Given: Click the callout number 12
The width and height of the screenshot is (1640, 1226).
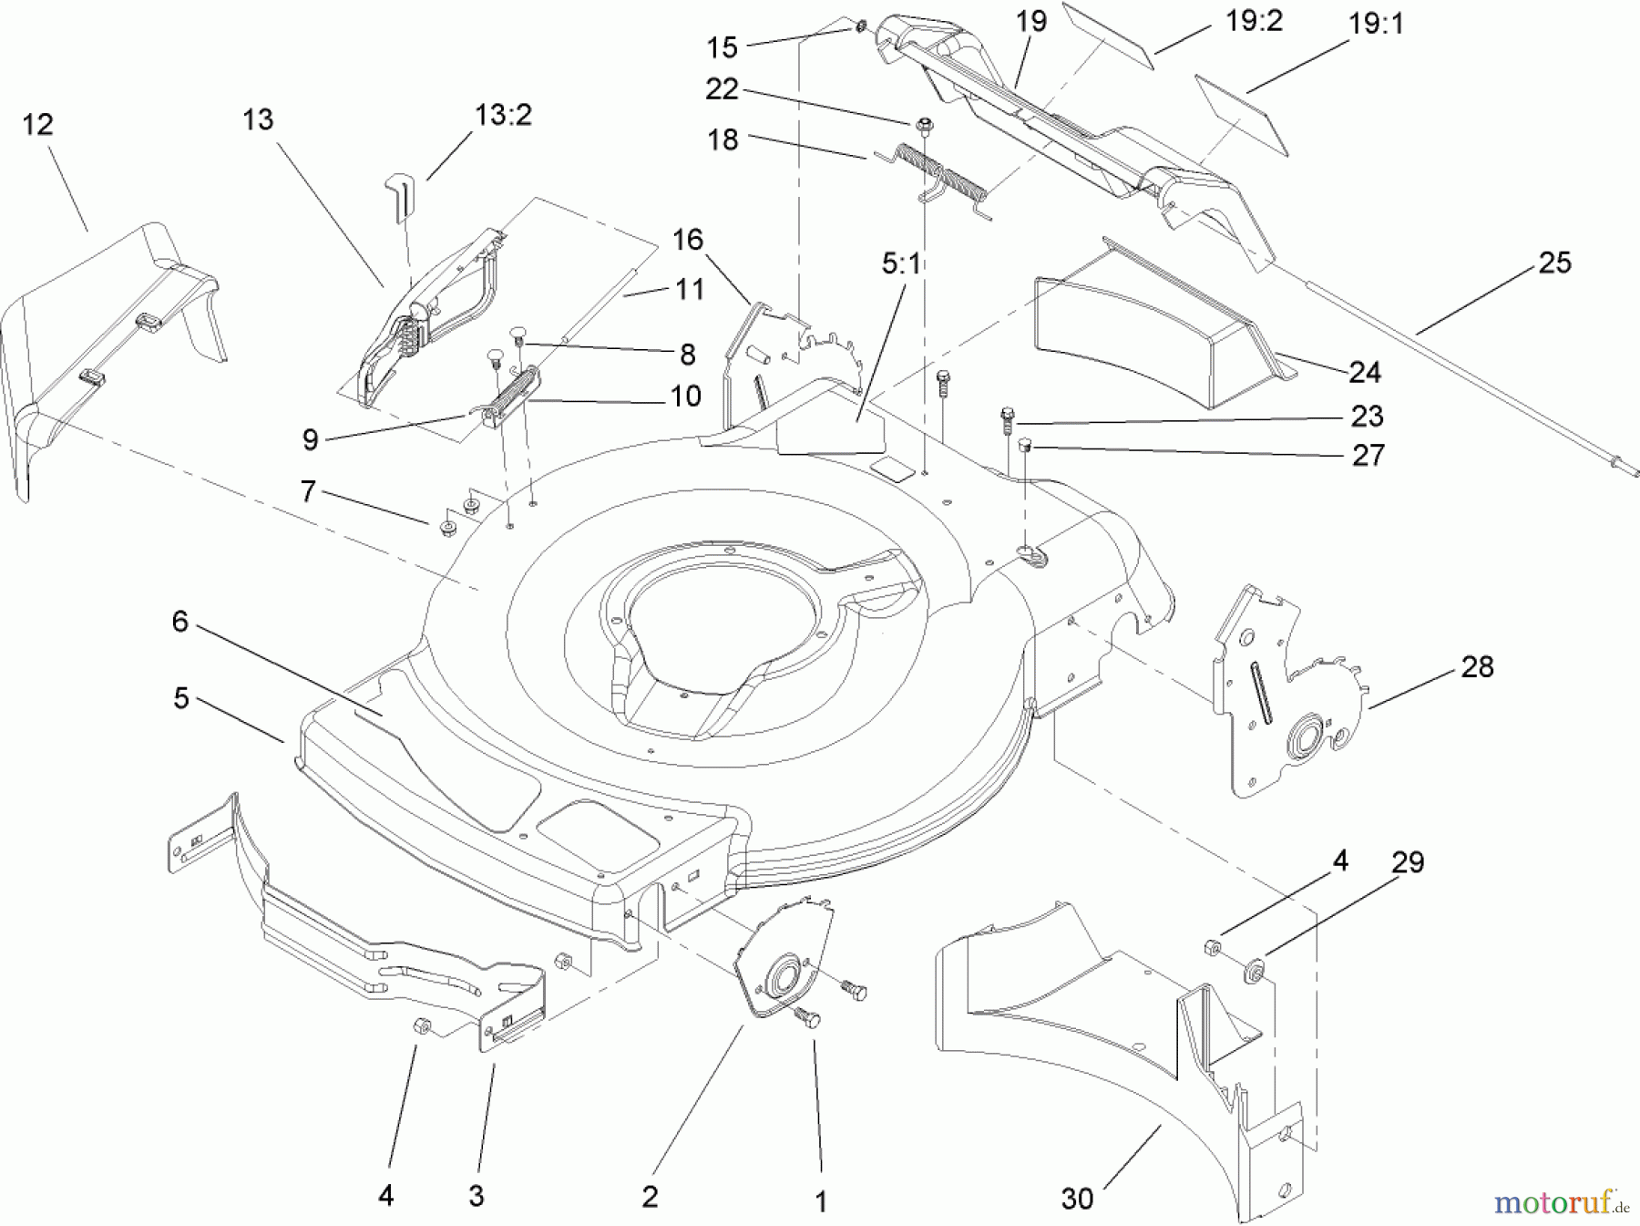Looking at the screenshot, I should tap(37, 125).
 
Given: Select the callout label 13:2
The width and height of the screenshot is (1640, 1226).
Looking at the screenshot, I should tap(503, 116).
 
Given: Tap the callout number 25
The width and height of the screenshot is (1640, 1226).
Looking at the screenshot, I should tap(1554, 263).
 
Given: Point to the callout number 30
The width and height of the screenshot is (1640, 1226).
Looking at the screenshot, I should tap(1077, 1198).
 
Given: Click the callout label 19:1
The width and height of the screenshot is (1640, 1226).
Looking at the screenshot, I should tap(1376, 25).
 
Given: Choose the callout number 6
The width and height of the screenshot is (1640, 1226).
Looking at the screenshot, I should tap(179, 622).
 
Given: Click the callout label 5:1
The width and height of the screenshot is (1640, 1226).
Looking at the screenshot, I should tap(901, 264).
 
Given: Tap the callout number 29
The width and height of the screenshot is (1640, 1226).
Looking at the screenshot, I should tap(1408, 861).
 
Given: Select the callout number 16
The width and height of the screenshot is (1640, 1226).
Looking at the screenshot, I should tap(688, 240).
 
